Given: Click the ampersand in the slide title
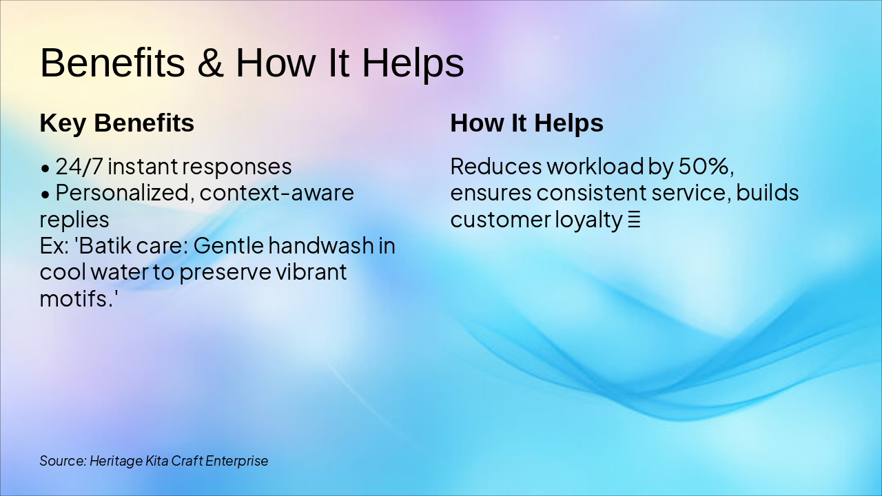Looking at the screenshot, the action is (211, 63).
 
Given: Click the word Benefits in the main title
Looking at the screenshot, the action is (112, 63).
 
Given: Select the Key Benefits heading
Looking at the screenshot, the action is (117, 123).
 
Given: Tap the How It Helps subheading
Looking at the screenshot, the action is (527, 123).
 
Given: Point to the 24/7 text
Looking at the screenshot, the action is (79, 167).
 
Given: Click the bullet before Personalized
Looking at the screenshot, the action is (45, 194).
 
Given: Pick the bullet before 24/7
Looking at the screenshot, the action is (45, 168).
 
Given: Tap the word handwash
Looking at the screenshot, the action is (321, 246).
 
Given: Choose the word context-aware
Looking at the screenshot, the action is (277, 193).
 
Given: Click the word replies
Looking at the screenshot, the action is (74, 220).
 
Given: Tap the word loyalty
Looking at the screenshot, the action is (588, 220).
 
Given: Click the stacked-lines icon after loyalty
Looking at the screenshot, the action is (634, 220).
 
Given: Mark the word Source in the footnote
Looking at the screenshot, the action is (63, 461).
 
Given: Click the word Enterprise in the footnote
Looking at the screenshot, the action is (236, 462).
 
